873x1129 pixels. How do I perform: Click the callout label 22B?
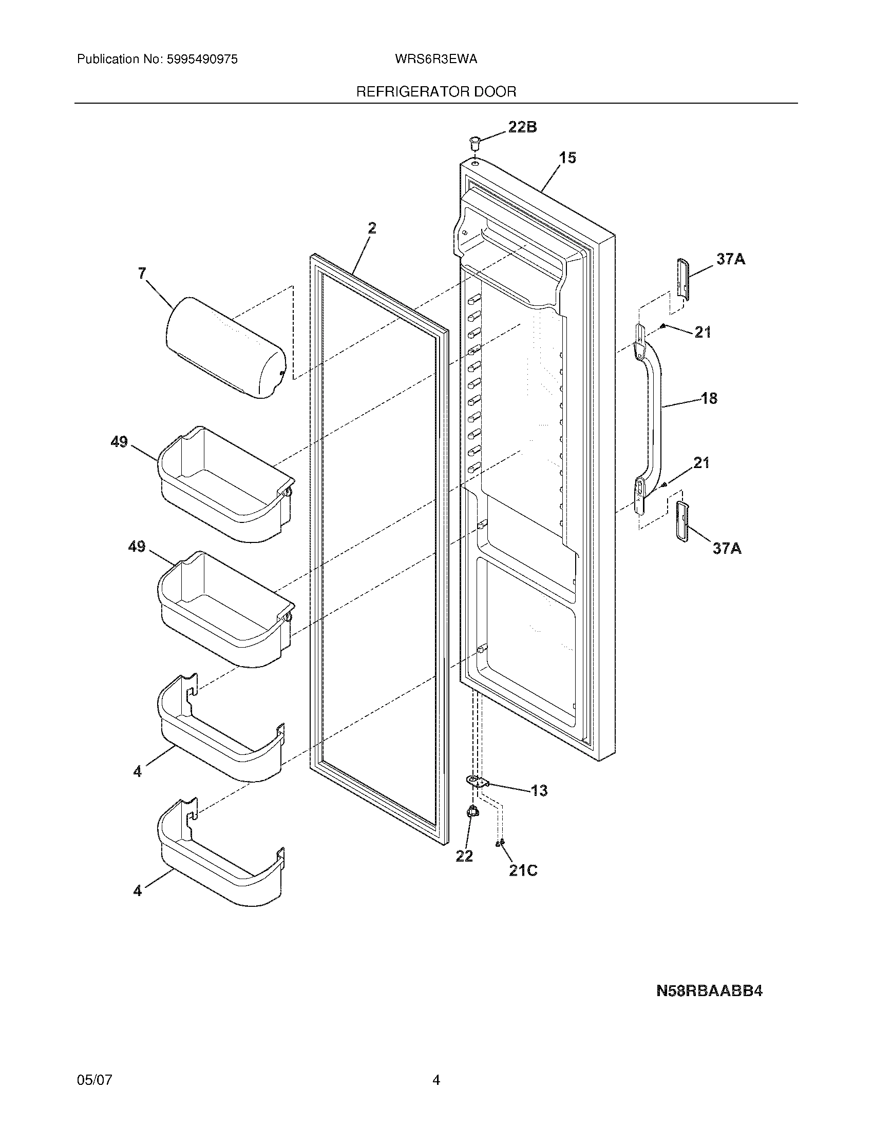tap(522, 127)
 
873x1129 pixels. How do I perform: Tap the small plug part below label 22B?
tap(475, 141)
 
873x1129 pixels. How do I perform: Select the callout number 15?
tap(567, 158)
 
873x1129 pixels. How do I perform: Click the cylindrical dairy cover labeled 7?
tap(225, 347)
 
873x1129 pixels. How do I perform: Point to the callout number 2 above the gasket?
tap(372, 228)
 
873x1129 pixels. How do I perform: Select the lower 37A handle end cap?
tap(681, 521)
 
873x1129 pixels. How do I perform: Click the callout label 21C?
tap(523, 870)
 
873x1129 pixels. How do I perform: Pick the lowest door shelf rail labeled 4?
tap(220, 853)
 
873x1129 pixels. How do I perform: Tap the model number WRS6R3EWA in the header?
tap(435, 60)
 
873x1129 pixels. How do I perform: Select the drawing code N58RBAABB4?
tap(709, 991)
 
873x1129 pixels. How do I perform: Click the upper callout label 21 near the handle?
tap(703, 333)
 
